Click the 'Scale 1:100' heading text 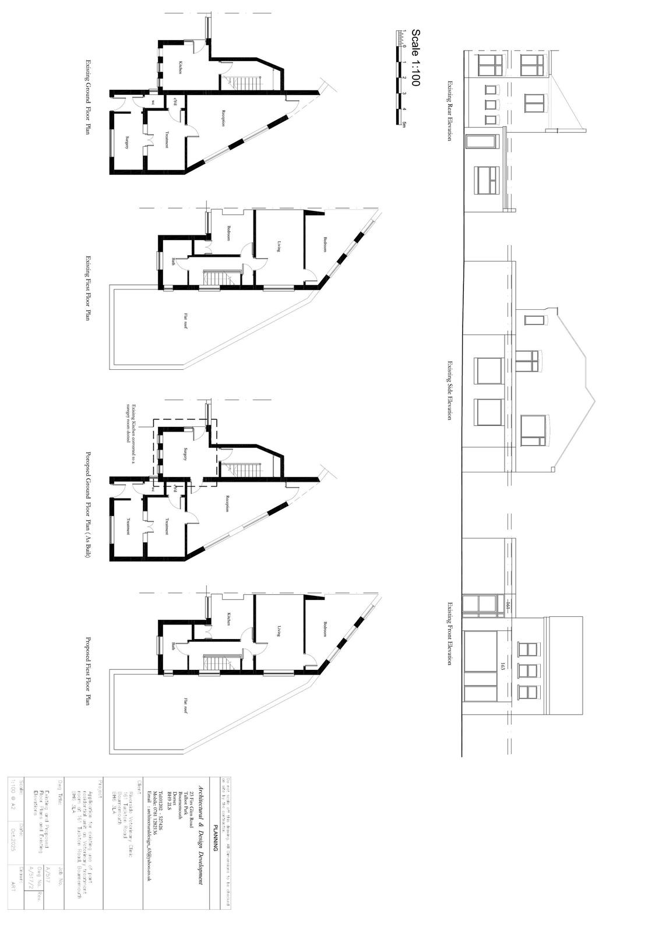point(415,58)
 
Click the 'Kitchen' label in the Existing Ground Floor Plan point(181,68)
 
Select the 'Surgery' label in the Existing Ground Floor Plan point(128,143)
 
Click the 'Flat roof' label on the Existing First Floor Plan point(186,321)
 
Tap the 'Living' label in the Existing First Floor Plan point(280,246)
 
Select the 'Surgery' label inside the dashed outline point(185,454)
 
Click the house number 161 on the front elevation point(508,607)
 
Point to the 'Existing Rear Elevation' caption point(449,111)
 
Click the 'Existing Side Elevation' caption point(449,390)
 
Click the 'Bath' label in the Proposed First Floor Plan point(174,645)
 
